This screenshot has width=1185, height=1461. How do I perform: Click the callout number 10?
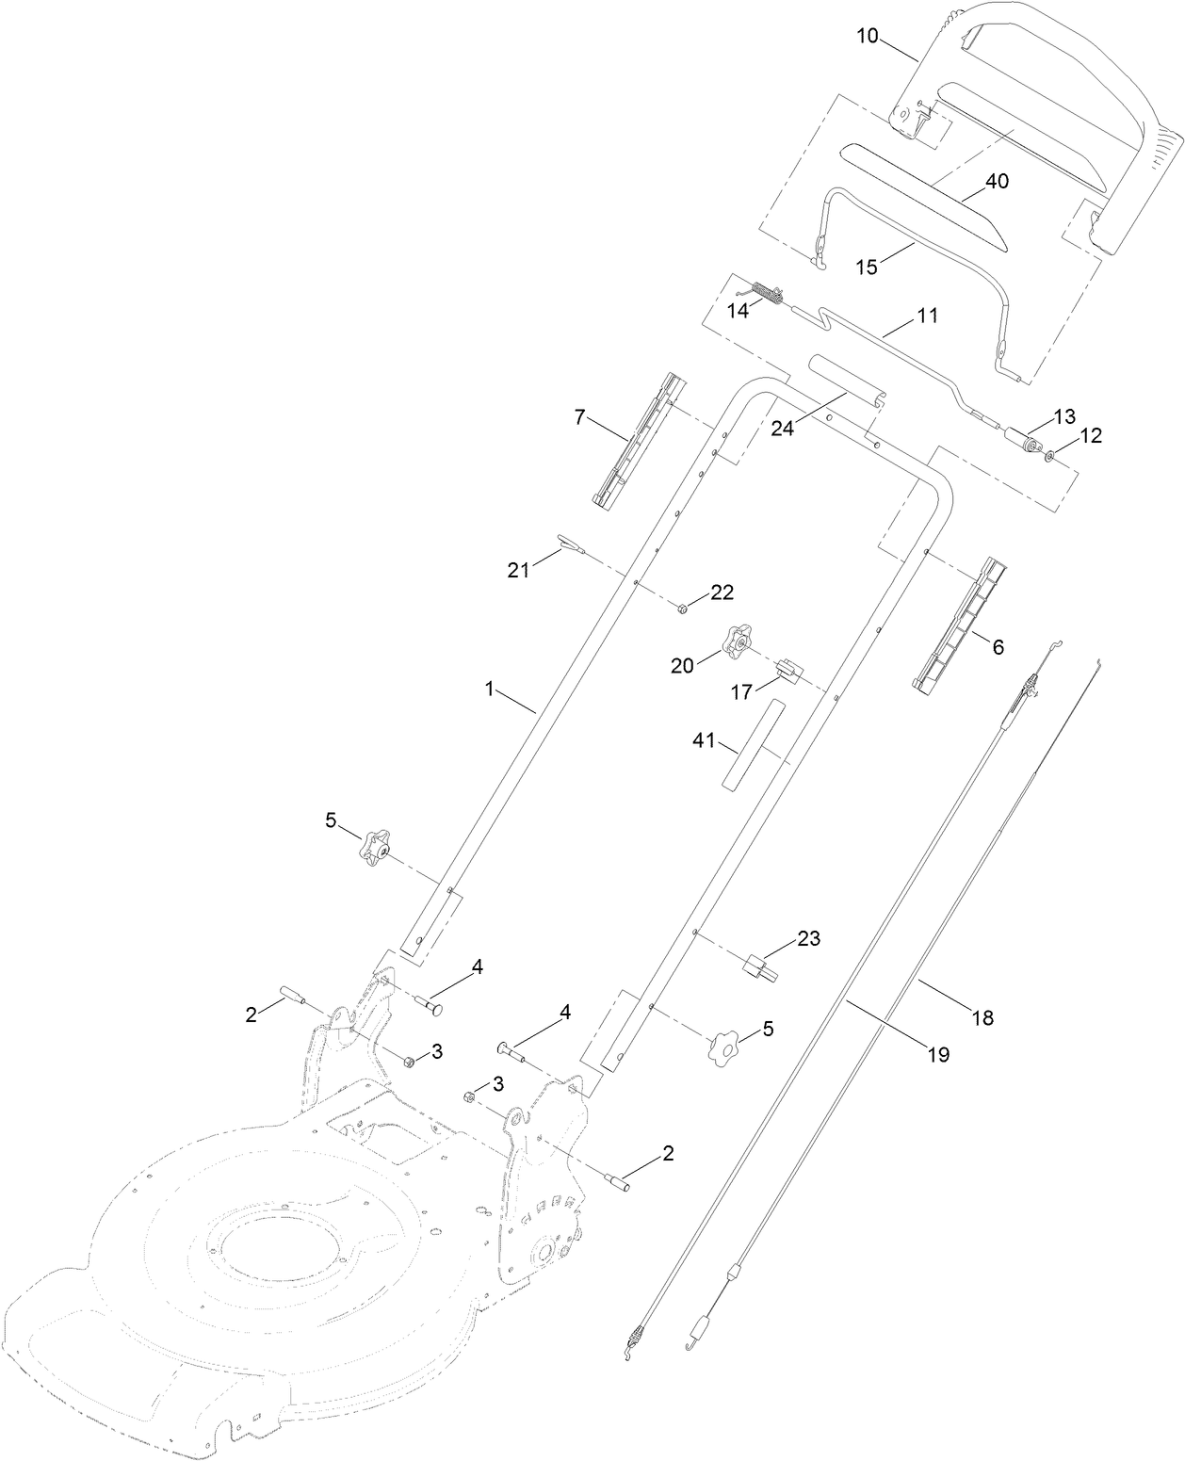[868, 36]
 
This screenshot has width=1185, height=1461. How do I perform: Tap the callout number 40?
[997, 181]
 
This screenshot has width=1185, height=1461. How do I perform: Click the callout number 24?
[784, 429]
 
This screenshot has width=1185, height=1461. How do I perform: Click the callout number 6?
[998, 646]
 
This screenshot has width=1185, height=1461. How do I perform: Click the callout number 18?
[982, 1017]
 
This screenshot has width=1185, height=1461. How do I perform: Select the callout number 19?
[937, 1054]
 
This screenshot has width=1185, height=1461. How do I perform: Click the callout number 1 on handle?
[490, 690]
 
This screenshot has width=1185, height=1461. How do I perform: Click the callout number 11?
[928, 316]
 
